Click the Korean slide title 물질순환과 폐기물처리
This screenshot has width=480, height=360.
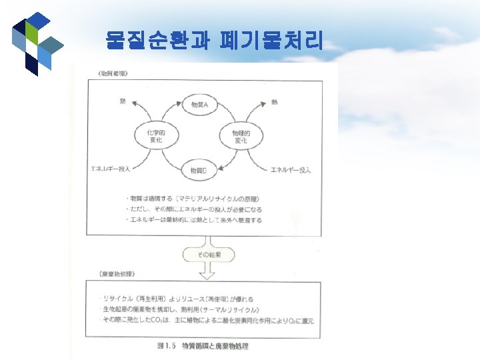(214, 41)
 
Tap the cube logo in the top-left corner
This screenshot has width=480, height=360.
(37, 44)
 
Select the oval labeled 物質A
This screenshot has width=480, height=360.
(199, 105)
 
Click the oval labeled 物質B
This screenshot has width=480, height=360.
(199, 171)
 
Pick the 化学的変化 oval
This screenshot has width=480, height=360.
(154, 137)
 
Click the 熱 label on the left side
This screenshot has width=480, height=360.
(123, 101)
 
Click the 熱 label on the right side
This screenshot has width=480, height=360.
(275, 102)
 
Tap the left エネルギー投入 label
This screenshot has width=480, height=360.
(111, 169)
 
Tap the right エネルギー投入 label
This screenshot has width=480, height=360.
(291, 171)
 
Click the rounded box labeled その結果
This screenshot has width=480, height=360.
(209, 255)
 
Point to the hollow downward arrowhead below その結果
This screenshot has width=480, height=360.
(209, 272)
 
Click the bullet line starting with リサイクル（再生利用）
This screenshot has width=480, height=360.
(177, 299)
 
